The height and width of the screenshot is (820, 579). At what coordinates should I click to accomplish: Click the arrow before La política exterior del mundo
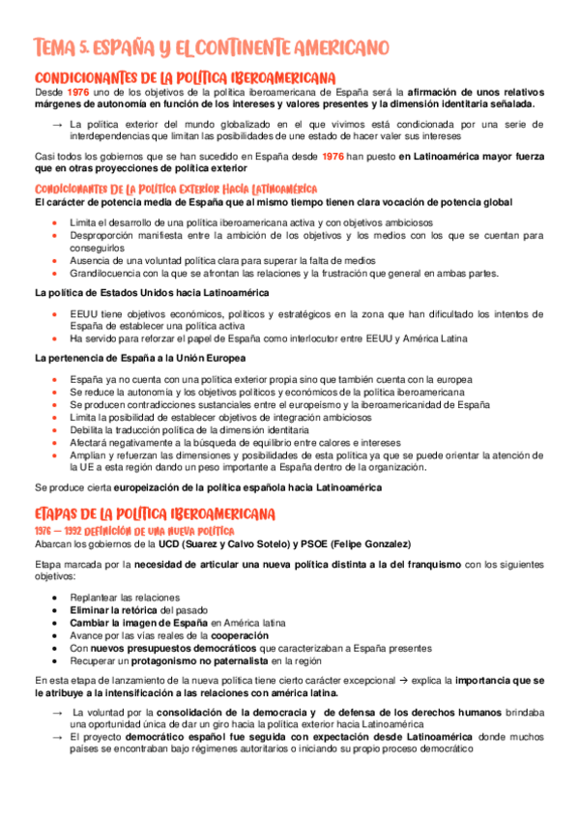57,124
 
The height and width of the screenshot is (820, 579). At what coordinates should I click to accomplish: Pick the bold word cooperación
243,635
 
